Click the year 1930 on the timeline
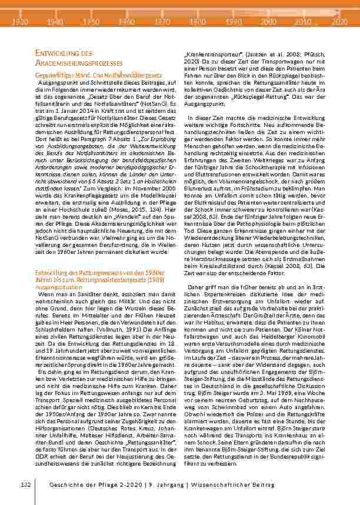coord(20,21)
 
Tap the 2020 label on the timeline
coord(339,21)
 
